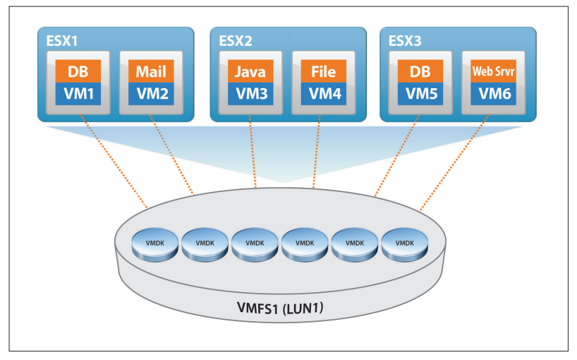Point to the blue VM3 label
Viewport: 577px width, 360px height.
pyautogui.click(x=250, y=92)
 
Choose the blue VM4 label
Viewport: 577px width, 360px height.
pyautogui.click(x=322, y=92)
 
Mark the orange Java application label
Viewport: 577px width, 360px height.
pyautogui.click(x=250, y=71)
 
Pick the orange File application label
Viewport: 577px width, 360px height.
pyautogui.click(x=322, y=71)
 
